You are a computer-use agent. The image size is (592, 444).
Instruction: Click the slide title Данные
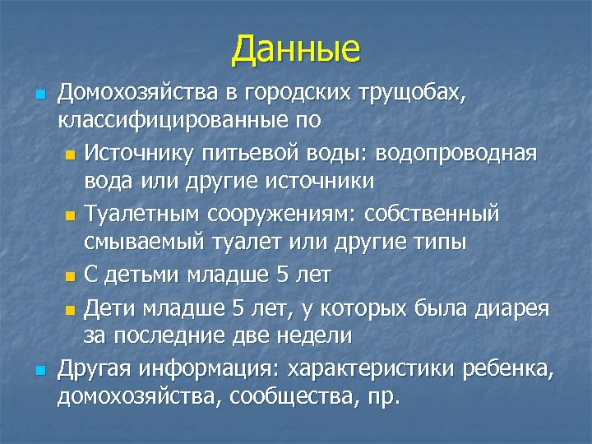[296, 49]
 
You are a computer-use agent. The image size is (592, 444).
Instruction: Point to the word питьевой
[272, 153]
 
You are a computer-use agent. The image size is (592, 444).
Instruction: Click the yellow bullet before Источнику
[69, 155]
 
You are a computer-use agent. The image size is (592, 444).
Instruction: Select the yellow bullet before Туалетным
[69, 215]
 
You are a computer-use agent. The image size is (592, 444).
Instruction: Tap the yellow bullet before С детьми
[69, 275]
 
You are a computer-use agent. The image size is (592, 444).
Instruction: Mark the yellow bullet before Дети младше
[69, 310]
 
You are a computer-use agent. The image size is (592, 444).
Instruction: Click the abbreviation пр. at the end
[382, 398]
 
